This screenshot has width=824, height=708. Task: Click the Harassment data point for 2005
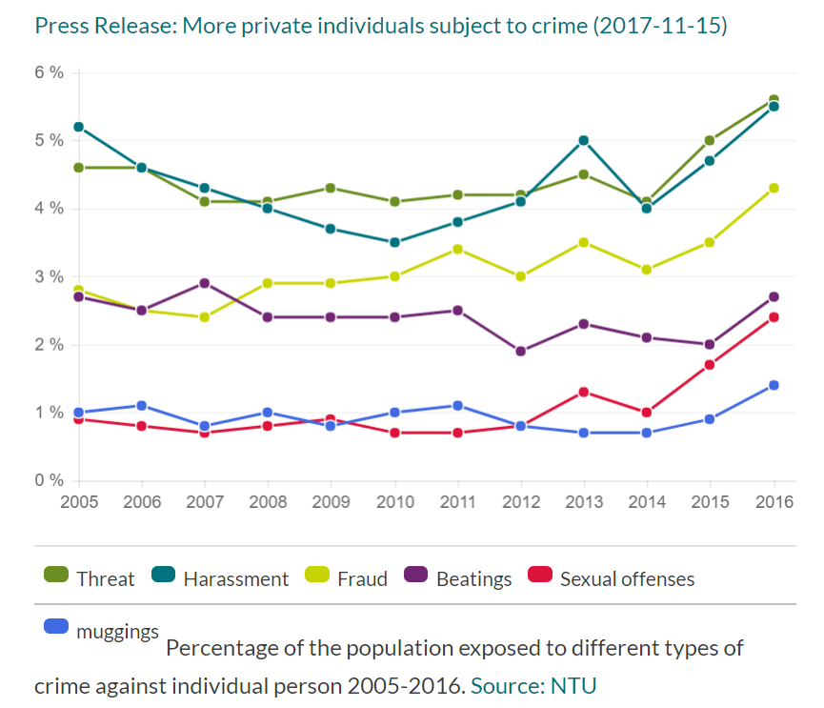click(x=78, y=127)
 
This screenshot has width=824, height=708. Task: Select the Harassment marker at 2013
click(x=583, y=140)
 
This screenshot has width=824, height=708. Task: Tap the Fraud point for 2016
click(x=774, y=188)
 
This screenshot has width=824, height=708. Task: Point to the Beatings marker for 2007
click(x=205, y=283)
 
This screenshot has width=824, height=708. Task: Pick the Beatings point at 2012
click(x=520, y=351)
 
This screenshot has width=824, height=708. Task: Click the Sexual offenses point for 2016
click(x=774, y=317)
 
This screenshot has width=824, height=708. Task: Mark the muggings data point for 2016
click(x=774, y=385)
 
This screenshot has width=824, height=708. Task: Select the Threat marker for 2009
click(x=331, y=188)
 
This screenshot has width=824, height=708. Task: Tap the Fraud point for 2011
click(x=457, y=249)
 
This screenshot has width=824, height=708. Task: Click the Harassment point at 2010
click(x=394, y=242)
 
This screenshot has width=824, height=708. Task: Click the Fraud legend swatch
click(x=317, y=576)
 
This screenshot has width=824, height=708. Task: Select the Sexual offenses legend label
click(x=627, y=578)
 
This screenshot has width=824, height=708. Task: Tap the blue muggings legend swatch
click(x=57, y=626)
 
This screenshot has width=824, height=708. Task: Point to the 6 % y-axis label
click(x=50, y=72)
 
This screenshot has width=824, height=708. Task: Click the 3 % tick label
click(x=50, y=276)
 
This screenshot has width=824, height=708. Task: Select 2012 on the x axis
click(x=520, y=501)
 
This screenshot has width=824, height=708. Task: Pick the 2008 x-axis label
click(x=268, y=501)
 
